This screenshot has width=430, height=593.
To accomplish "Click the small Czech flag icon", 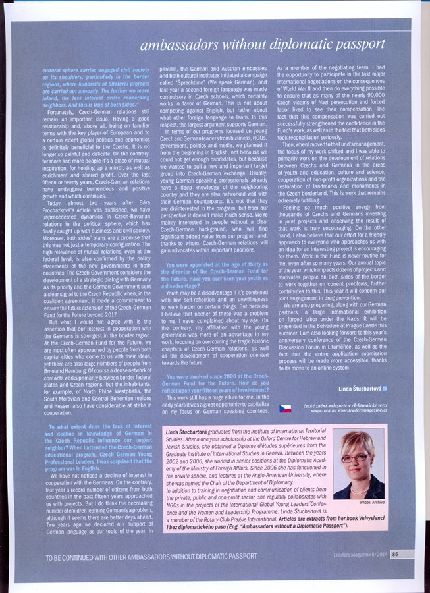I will point(285,409).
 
